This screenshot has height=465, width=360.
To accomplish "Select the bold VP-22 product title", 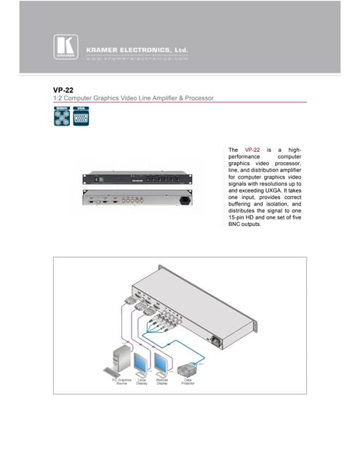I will [x=53, y=90].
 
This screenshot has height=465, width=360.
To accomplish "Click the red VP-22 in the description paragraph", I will [x=253, y=149].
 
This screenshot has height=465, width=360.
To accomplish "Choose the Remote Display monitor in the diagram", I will [x=162, y=361].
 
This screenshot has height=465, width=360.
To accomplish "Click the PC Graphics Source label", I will [x=121, y=381].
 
